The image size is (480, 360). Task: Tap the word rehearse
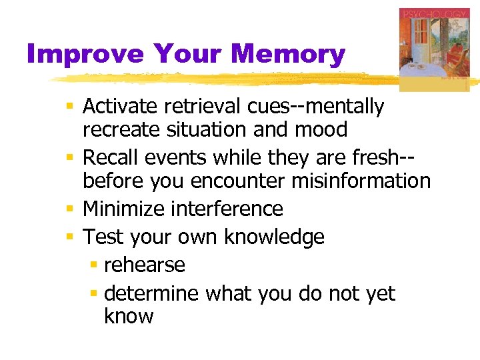[x=145, y=265]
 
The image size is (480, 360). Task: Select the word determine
[x=152, y=293]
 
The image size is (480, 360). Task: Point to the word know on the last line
[x=129, y=315]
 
